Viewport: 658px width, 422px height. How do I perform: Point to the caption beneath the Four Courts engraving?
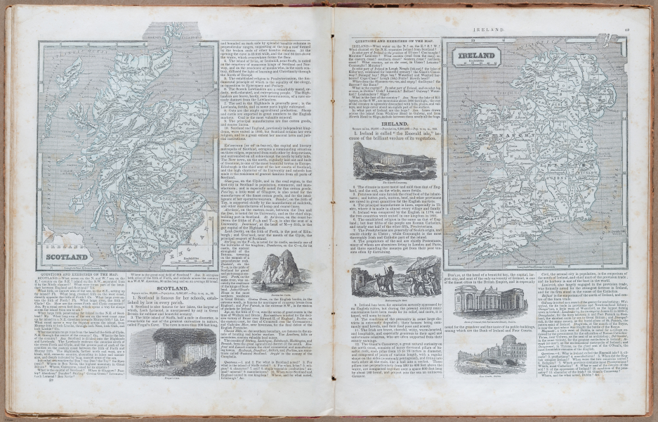click(x=480, y=377)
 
